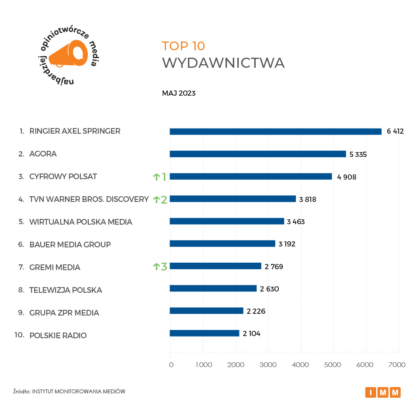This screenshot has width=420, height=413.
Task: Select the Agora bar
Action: coord(257,154)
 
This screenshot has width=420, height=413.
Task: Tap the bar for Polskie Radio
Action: coord(204,333)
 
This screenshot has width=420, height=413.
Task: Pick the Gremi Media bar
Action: coord(215,266)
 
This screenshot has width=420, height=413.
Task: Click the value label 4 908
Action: coord(348,177)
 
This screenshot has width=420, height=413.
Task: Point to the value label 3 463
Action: coord(296,222)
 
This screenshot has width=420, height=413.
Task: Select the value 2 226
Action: coord(256,311)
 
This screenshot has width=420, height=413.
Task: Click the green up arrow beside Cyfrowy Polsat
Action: coord(156,177)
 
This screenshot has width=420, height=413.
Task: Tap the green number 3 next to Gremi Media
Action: coord(164,266)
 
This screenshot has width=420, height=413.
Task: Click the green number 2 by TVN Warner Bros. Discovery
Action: coord(164,200)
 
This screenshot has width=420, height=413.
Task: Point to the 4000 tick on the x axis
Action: coord(300,365)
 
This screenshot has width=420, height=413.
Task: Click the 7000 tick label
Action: coord(397,365)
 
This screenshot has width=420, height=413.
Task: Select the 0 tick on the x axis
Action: coord(171,365)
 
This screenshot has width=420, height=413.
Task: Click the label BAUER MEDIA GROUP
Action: coord(70,244)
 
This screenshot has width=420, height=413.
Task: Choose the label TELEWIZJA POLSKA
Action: coord(66,290)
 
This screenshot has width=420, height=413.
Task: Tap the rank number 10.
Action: coord(19,335)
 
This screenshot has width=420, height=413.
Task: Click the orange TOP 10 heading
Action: coord(183,46)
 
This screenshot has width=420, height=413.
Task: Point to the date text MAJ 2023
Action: coord(178,94)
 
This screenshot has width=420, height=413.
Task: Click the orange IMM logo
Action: coord(383,392)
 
